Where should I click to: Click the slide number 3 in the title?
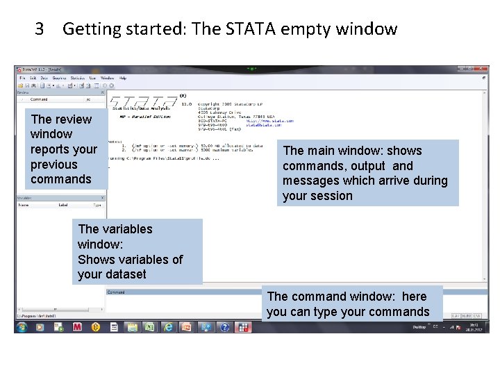click(x=40, y=29)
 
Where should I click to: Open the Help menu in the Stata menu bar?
click(x=123, y=78)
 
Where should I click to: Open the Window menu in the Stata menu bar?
click(x=107, y=78)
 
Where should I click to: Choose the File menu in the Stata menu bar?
click(x=22, y=78)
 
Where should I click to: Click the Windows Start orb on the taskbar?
click(x=22, y=326)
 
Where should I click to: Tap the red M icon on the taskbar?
click(x=77, y=326)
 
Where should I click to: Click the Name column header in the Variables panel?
click(x=24, y=205)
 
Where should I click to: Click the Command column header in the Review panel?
click(x=39, y=99)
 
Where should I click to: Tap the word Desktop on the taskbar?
click(x=419, y=326)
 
